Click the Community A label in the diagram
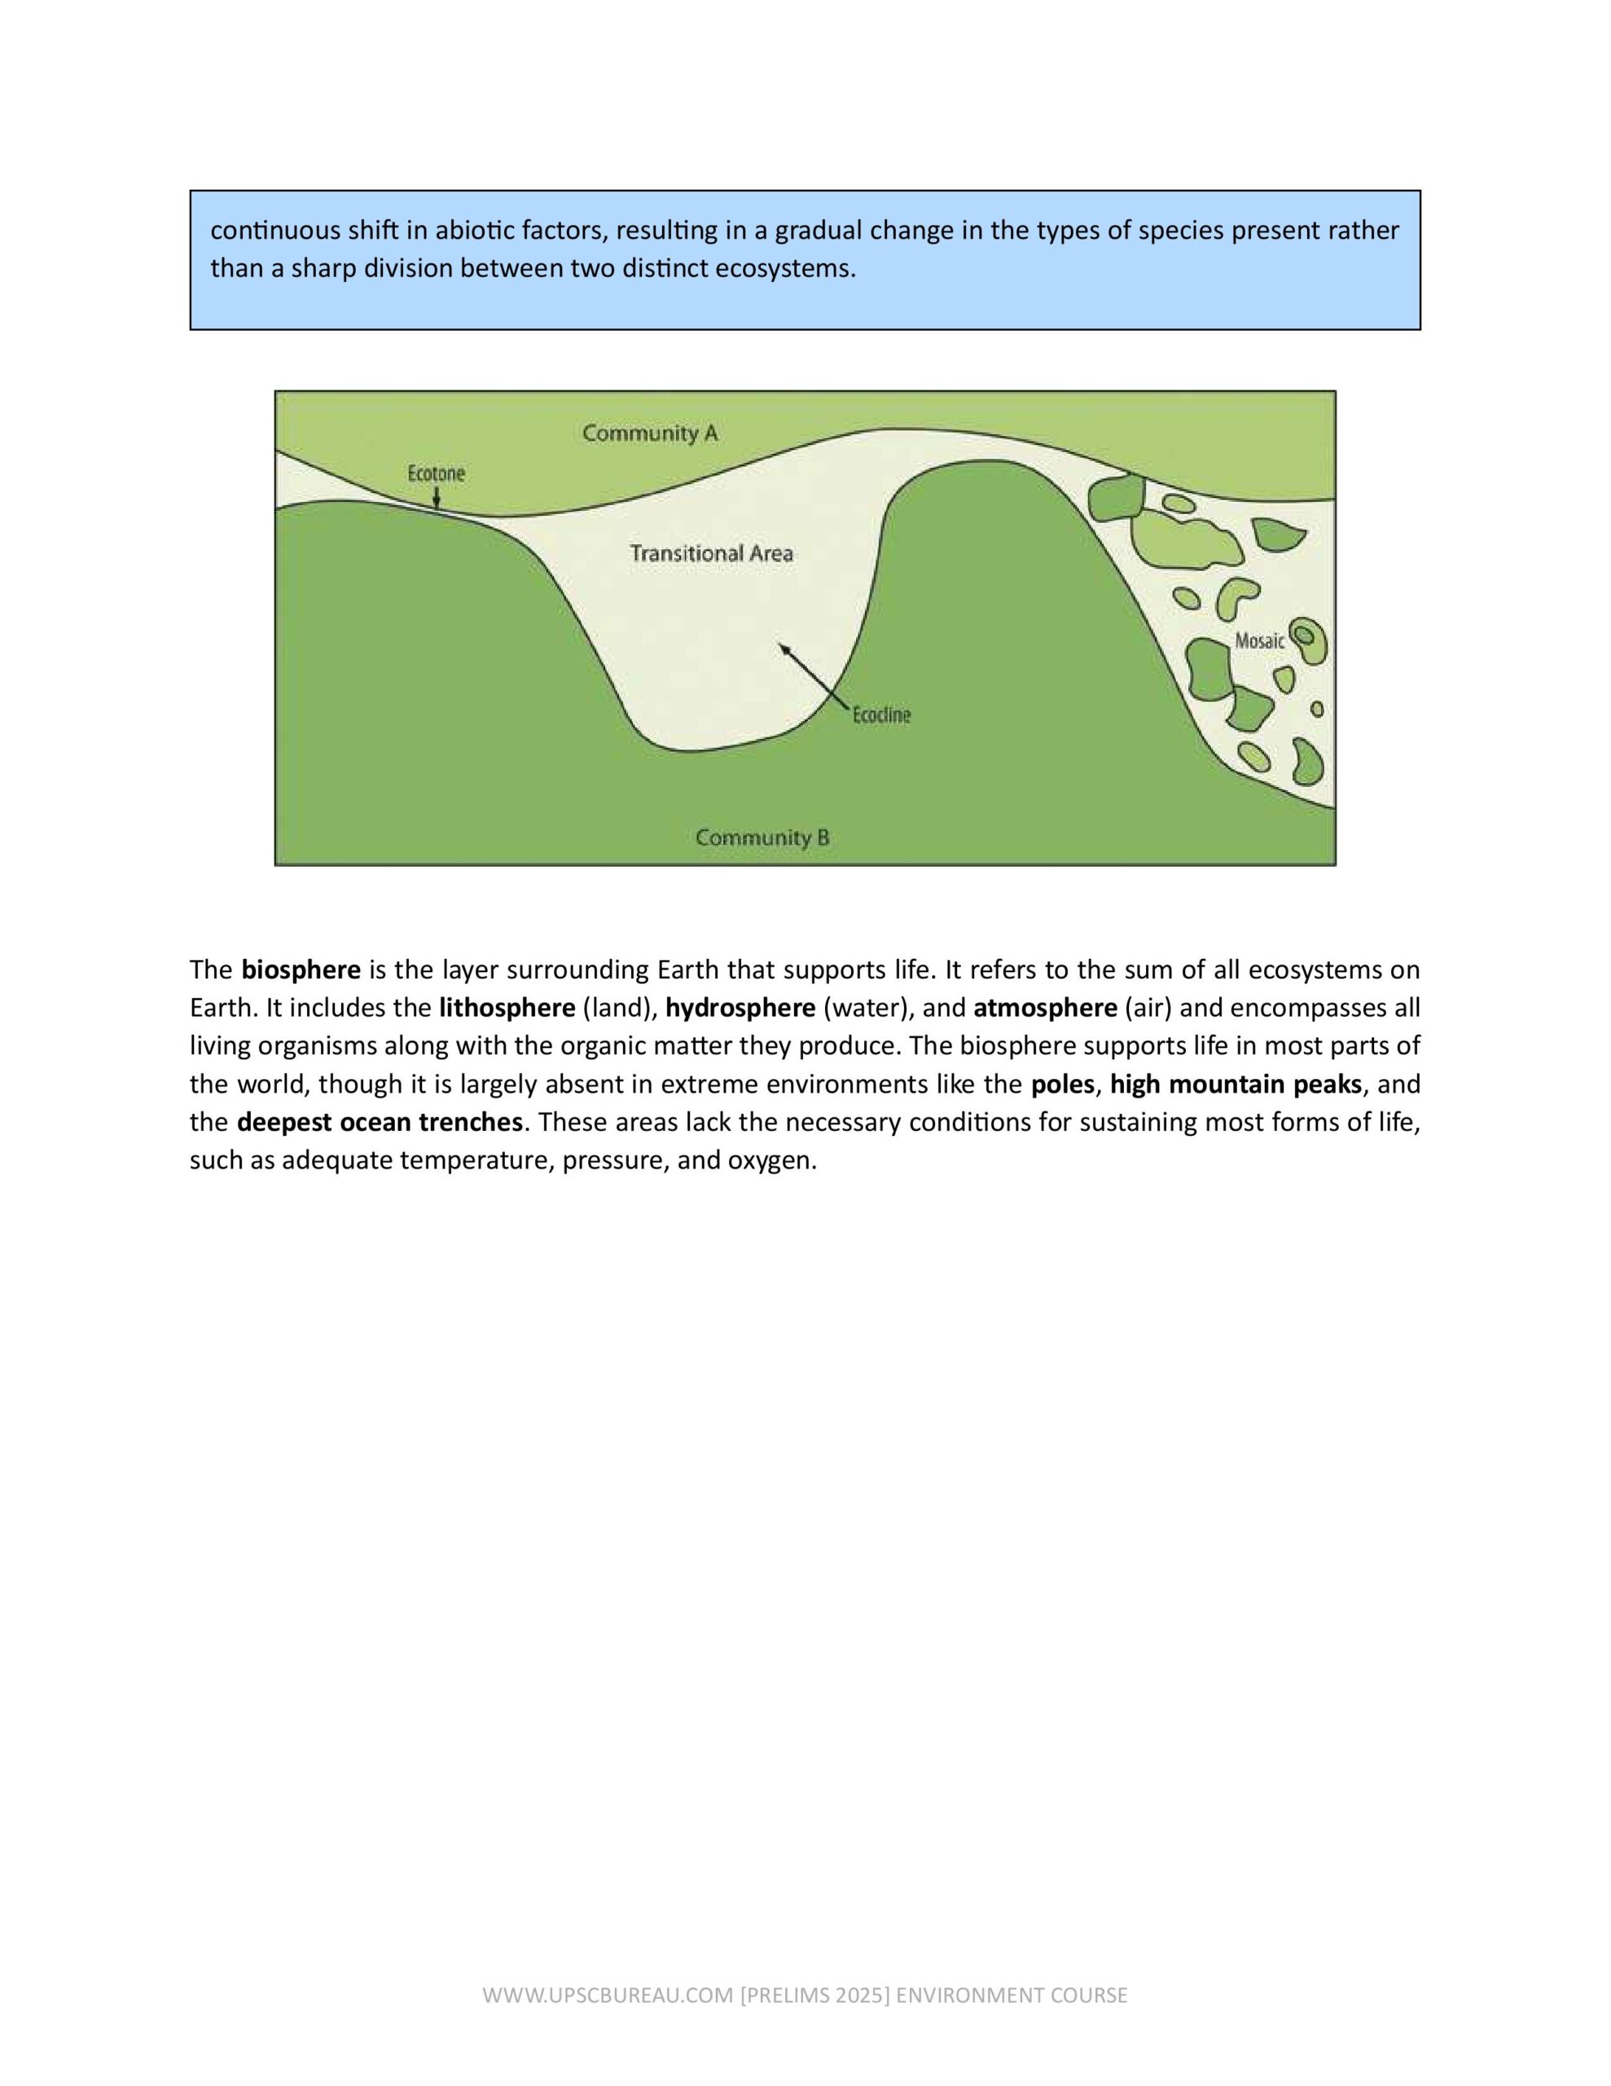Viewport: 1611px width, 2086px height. [649, 433]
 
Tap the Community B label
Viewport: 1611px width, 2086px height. [762, 838]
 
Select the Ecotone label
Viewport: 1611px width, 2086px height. [437, 473]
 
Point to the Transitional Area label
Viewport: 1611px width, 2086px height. [712, 553]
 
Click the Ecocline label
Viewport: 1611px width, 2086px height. [880, 715]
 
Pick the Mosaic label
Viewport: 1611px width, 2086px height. [1260, 641]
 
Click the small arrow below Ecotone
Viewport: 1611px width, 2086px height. [437, 498]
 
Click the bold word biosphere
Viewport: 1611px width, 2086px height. [301, 970]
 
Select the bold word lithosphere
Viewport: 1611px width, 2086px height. [507, 1008]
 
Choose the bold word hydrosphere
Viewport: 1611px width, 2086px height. [740, 1008]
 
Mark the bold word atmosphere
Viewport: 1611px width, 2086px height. [1045, 1008]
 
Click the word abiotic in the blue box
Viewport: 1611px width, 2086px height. [475, 231]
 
